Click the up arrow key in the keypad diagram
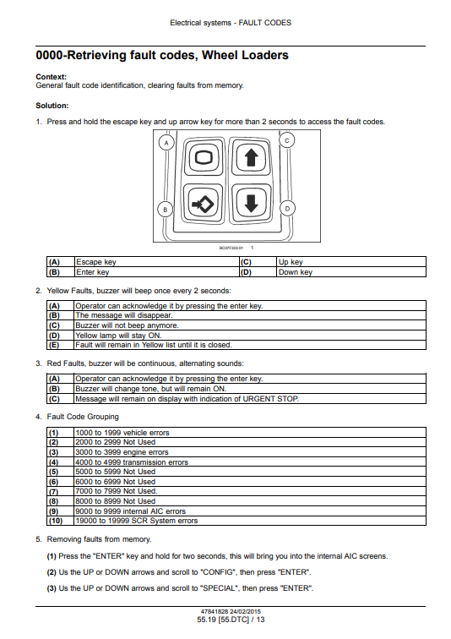[x=251, y=157]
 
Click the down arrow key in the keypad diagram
[x=251, y=203]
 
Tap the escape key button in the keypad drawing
[x=204, y=157]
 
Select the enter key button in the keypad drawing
[x=204, y=203]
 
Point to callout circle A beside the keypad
[x=166, y=143]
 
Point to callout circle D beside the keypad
[x=287, y=209]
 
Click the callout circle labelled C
[x=287, y=140]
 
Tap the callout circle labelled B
[x=166, y=210]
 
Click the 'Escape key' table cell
[x=157, y=262]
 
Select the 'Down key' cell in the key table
[x=351, y=272]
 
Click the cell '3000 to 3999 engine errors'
[x=250, y=452]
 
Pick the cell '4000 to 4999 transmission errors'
[x=250, y=461]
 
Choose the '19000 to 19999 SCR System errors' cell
[x=250, y=521]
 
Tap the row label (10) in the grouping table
[x=56, y=521]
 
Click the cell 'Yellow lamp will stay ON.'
[x=250, y=335]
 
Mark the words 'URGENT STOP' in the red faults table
[x=270, y=399]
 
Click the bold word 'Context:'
[x=52, y=77]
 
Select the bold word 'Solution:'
[x=52, y=106]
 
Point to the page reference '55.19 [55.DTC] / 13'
[x=231, y=620]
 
